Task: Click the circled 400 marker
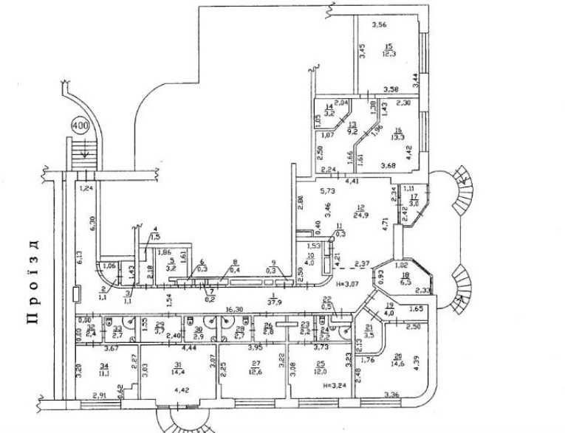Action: click(80, 125)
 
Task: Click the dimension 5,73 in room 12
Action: click(326, 190)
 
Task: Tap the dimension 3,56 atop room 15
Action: click(380, 25)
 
